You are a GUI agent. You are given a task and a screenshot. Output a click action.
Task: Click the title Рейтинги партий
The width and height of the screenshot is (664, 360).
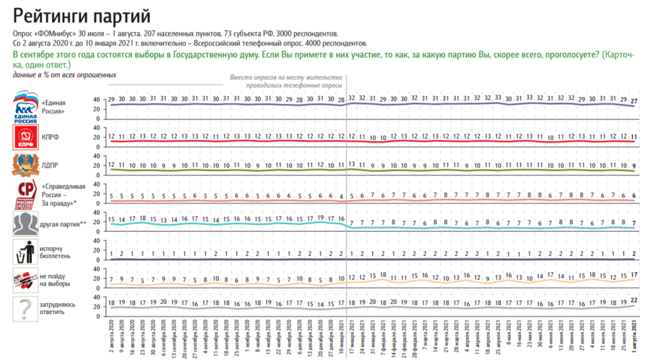point(82,15)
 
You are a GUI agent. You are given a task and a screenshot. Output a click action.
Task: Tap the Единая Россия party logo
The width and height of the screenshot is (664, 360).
point(26,106)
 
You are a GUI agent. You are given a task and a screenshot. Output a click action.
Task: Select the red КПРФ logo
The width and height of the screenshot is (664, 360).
point(26,137)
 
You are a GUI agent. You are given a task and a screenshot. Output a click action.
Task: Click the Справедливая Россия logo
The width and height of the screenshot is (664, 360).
point(26,195)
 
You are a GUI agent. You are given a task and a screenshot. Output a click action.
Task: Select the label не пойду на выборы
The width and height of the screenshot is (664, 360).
point(55,280)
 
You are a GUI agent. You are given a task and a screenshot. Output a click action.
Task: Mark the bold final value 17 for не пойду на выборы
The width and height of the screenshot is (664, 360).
point(633,275)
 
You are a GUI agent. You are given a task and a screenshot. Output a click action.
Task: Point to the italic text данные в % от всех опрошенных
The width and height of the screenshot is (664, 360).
point(64,75)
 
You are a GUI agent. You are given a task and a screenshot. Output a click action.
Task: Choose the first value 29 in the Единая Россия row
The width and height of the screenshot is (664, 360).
point(112,99)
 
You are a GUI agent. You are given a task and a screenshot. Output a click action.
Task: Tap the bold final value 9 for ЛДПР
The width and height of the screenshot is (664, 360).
point(633,165)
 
